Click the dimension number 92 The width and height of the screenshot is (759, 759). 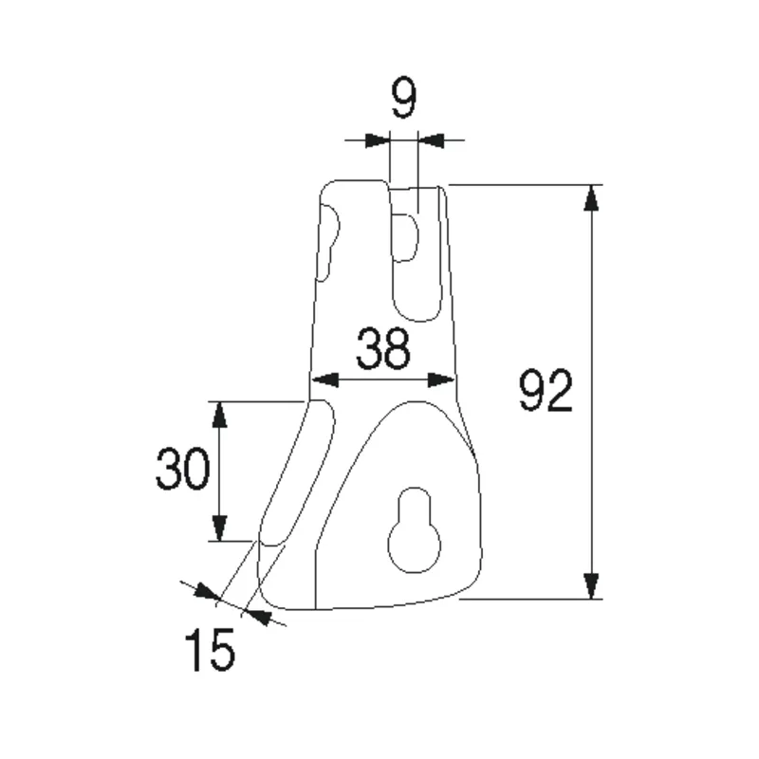[546, 392]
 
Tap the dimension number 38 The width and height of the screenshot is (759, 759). [383, 349]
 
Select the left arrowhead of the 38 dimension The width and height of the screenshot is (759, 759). [324, 380]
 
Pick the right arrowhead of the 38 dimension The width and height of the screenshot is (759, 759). [442, 380]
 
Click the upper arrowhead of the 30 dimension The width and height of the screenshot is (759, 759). [219, 414]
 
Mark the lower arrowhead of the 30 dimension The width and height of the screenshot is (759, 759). [219, 528]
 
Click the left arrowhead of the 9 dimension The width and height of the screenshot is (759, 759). [377, 141]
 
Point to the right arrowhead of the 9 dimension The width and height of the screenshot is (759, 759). [431, 141]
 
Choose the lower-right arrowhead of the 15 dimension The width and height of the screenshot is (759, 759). [257, 618]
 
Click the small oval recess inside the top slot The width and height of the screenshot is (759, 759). [406, 237]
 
